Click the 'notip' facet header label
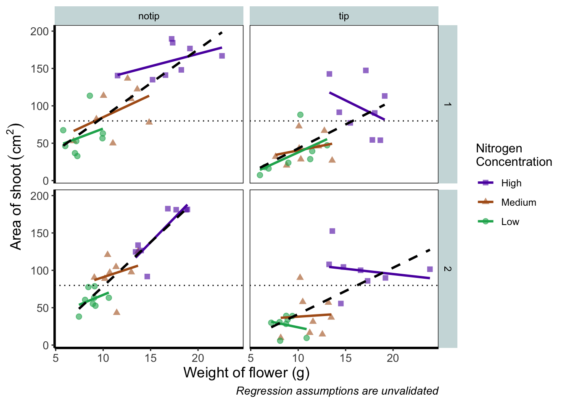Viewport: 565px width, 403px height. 149,16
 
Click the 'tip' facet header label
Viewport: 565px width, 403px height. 344,16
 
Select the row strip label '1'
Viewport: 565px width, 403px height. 448,104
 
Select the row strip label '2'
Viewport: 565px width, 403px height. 448,269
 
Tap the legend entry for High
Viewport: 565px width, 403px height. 511,183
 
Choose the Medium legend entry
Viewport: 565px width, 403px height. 518,202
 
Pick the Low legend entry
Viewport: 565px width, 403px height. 510,222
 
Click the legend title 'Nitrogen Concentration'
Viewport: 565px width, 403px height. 514,155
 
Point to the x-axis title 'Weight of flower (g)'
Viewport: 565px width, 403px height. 246,372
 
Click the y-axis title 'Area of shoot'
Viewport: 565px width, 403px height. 16,186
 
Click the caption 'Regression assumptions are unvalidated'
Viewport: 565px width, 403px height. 337,391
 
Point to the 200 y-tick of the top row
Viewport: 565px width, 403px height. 40,31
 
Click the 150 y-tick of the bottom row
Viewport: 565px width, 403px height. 40,233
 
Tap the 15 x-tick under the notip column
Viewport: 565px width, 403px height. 150,358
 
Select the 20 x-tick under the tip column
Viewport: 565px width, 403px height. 393,358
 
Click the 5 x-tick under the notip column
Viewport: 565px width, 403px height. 55,358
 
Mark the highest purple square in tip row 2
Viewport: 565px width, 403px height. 332,231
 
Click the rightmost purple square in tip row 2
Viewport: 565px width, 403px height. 430,269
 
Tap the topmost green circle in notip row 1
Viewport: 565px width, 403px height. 90,96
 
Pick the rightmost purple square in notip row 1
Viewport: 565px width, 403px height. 222,56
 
